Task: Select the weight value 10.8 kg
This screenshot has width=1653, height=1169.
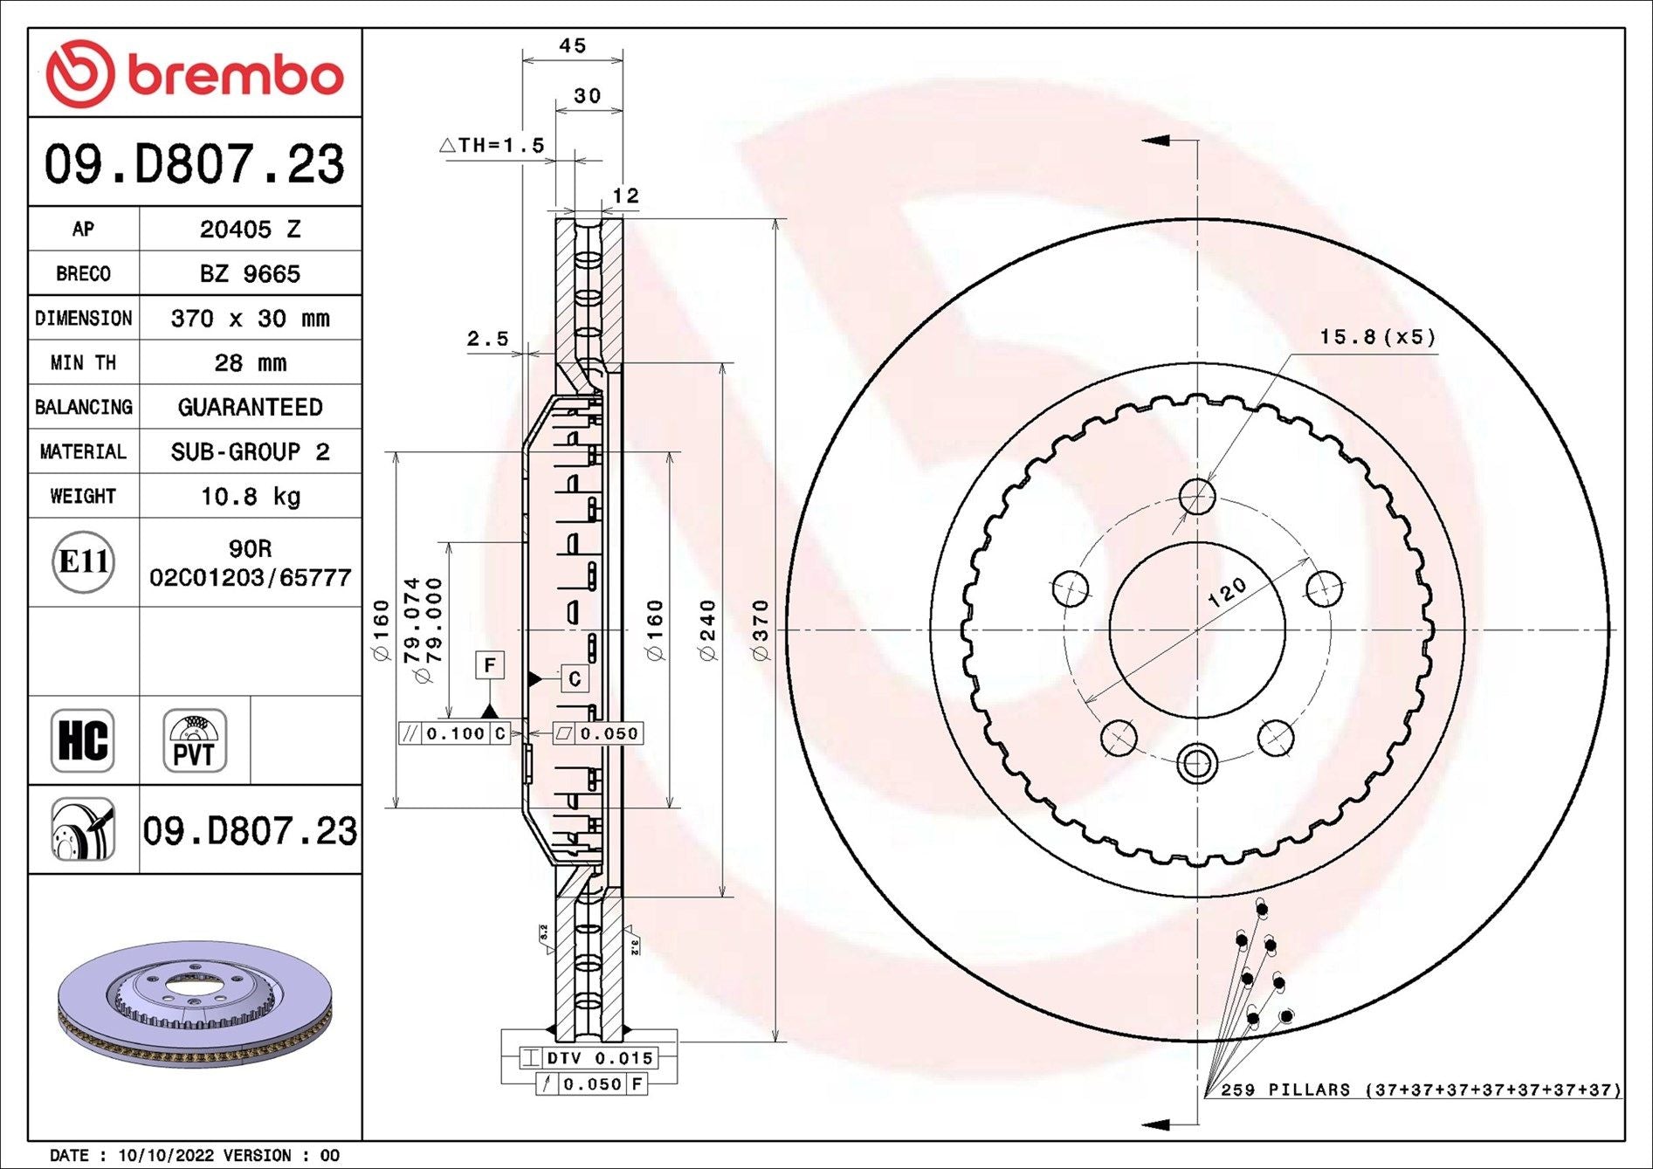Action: click(251, 497)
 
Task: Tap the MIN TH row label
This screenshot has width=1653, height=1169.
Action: click(83, 362)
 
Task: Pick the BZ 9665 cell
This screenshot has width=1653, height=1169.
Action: click(250, 274)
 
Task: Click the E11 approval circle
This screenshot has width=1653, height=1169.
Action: click(83, 561)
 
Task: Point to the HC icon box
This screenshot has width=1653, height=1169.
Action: click(83, 740)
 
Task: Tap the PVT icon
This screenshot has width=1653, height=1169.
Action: click(195, 740)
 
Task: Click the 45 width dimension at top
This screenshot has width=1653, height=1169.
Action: click(573, 45)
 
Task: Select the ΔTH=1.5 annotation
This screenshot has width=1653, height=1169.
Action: click(492, 145)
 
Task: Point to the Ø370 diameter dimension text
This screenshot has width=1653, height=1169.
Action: click(761, 630)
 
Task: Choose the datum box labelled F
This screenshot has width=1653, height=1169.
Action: click(490, 665)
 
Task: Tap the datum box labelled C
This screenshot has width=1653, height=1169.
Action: click(574, 678)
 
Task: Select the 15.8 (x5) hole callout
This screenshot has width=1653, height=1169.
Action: click(1377, 337)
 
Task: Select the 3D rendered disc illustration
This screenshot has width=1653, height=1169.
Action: click(196, 1003)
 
